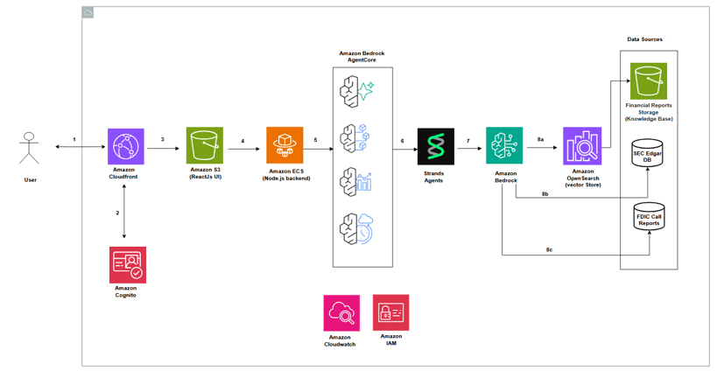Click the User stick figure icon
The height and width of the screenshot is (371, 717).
30,148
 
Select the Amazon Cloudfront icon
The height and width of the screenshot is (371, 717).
125,146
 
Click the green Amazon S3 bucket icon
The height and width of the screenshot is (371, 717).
204,145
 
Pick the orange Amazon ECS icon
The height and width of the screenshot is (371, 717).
285,145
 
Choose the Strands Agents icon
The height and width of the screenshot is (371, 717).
435,147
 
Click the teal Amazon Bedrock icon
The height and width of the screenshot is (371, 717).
504,146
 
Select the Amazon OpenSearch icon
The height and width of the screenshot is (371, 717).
582,146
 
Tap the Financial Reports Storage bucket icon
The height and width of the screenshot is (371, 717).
649,81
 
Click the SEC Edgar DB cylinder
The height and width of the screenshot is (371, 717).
648,155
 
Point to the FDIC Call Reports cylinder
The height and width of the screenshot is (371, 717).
649,218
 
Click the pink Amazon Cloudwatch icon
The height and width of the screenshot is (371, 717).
341,312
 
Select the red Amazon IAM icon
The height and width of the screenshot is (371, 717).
390,312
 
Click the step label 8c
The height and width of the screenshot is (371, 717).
549,249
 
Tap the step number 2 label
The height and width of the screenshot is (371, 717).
118,213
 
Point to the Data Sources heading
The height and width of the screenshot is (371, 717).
644,39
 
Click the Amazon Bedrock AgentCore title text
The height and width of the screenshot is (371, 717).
362,57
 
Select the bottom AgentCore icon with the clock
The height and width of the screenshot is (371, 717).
357,228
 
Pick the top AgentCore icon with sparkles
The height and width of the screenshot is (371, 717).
357,90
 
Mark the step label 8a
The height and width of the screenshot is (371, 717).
540,139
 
